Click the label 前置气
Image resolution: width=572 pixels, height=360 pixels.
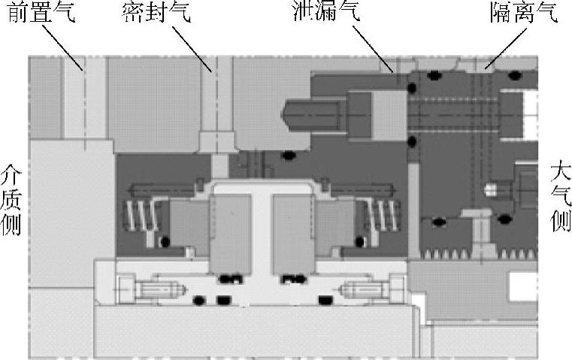(41, 14)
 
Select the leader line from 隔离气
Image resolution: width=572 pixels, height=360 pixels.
(499, 47)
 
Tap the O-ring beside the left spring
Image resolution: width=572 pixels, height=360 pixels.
(165, 242)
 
